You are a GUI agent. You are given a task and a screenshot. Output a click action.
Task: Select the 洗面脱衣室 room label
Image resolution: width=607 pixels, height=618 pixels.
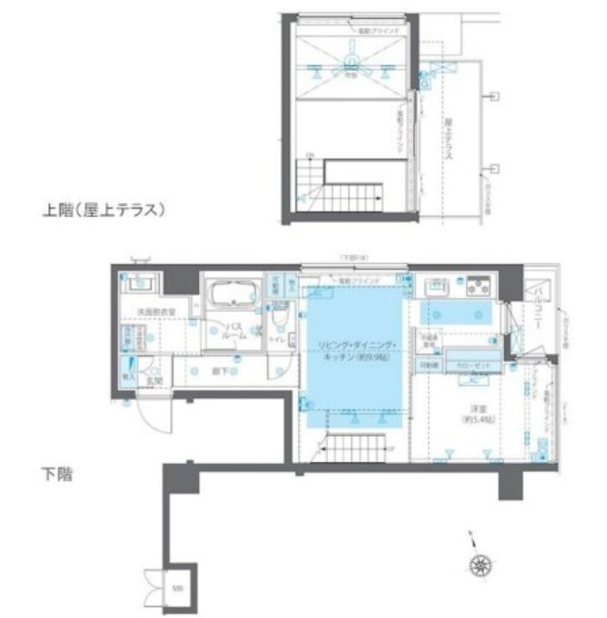point(156,312)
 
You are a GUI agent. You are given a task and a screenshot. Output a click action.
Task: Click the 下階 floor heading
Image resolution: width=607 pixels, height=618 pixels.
point(57,474)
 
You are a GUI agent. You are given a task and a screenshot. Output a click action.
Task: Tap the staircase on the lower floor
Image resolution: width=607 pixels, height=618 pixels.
point(355,445)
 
